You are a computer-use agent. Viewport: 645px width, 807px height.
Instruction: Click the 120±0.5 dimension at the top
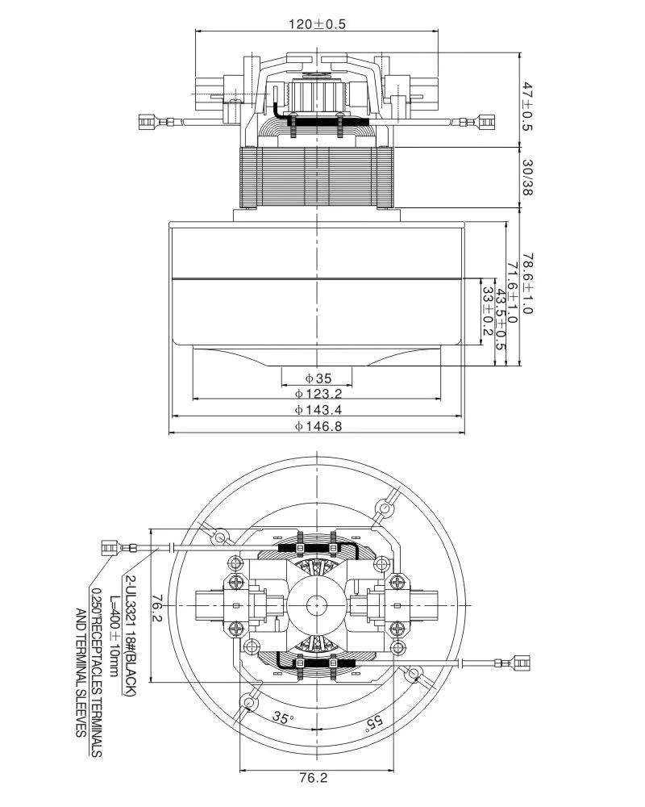(317, 23)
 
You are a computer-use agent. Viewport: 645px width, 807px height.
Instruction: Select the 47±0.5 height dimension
(527, 107)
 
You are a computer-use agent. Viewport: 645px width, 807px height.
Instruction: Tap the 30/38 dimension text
(527, 178)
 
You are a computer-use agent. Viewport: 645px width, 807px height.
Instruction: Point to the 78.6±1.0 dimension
(527, 283)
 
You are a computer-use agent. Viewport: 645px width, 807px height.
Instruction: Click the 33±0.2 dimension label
(487, 311)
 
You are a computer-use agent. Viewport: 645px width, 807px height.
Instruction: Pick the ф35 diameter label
(318, 378)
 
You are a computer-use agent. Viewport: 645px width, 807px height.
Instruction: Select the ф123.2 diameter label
(318, 395)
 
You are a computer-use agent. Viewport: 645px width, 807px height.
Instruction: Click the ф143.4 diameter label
(318, 410)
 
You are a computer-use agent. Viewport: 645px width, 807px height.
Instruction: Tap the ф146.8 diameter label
(318, 426)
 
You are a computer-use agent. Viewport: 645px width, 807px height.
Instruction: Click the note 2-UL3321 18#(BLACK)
(130, 636)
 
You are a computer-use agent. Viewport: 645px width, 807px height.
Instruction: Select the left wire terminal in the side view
(147, 123)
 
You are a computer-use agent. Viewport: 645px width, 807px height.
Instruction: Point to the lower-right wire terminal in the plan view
(521, 663)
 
